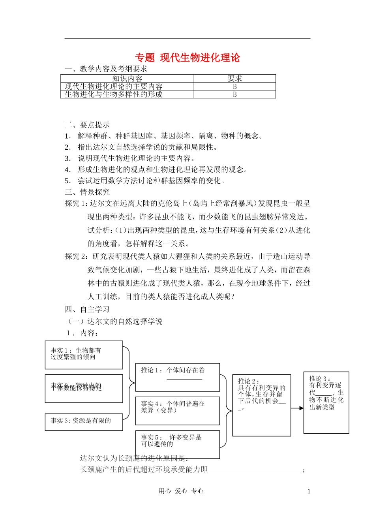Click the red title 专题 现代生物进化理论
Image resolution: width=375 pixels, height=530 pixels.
click(187, 58)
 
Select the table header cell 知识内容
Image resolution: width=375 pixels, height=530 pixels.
click(127, 79)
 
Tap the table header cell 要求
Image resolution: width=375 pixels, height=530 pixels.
click(234, 79)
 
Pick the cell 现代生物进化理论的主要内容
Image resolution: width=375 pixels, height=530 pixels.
click(114, 86)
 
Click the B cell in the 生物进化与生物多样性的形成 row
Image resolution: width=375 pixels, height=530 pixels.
click(234, 94)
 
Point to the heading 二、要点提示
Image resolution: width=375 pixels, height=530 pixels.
click(87, 125)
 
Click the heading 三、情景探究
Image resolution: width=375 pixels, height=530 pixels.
click(87, 192)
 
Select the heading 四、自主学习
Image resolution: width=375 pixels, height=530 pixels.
click(87, 309)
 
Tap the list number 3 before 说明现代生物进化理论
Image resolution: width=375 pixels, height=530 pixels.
click(67, 158)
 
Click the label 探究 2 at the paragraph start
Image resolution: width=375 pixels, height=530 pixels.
click(77, 256)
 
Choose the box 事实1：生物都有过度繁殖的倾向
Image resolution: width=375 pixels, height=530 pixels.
click(84, 355)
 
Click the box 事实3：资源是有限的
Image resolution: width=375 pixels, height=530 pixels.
click(84, 421)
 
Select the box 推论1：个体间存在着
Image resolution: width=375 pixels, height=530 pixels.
click(177, 377)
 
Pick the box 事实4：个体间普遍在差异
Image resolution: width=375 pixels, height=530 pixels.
click(177, 410)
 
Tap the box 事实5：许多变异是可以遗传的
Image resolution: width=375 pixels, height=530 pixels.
click(177, 444)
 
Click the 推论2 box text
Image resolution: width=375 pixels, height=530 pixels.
click(261, 395)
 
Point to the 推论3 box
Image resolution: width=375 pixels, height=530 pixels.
click(326, 402)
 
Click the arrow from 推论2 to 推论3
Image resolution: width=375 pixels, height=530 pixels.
click(297, 408)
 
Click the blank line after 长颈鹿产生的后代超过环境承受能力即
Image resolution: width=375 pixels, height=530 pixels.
click(255, 470)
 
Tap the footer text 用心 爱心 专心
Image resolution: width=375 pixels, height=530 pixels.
click(181, 491)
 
